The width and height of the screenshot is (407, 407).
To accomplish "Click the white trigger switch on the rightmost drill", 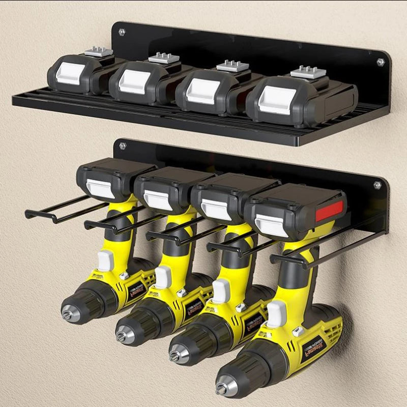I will click(276, 313).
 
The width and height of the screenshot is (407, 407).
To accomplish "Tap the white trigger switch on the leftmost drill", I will click(104, 261).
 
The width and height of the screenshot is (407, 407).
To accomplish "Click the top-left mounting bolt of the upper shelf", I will click(121, 32).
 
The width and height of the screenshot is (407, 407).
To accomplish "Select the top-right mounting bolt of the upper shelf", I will click(380, 62).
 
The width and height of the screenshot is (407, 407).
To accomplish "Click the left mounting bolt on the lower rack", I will click(122, 146).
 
